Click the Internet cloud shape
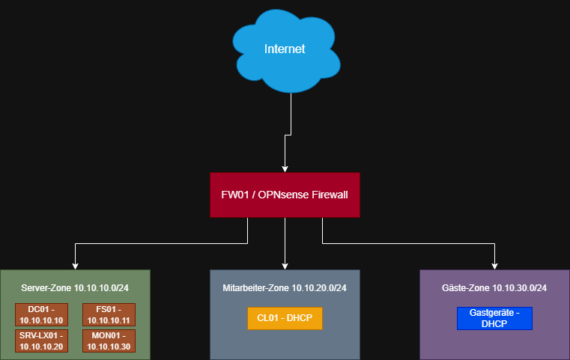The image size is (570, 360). (x=286, y=51)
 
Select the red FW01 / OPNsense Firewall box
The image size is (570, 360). (x=285, y=195)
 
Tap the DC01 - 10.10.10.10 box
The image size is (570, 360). (x=41, y=314)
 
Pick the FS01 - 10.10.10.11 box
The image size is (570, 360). (x=109, y=314)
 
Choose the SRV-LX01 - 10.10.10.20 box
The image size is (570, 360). (x=41, y=341)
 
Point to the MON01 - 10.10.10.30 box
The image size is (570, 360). (x=109, y=341)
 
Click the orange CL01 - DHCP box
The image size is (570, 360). (x=285, y=318)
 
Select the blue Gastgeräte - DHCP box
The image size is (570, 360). (x=494, y=318)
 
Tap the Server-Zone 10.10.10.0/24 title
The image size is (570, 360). (x=75, y=288)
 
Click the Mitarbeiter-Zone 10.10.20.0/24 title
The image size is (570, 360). (x=285, y=288)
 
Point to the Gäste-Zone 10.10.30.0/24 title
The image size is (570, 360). (x=494, y=288)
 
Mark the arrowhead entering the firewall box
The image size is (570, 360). (x=285, y=169)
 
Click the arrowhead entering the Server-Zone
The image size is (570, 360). (x=75, y=266)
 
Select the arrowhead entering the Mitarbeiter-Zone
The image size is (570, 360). (x=285, y=266)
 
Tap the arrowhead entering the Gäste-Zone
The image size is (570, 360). (x=494, y=266)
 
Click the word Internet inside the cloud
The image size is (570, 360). (x=285, y=49)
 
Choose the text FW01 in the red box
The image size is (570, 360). (x=235, y=195)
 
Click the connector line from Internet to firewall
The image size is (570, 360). (x=288, y=135)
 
